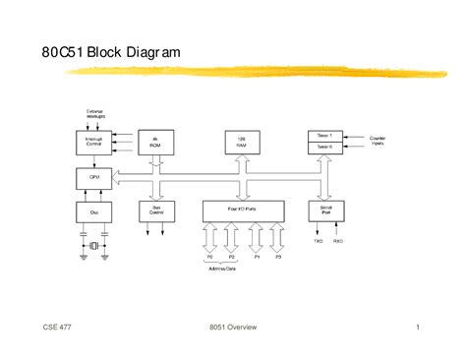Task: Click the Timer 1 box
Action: (325, 135)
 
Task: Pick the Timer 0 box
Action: (325, 148)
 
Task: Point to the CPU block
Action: (93, 178)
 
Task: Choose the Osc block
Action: (93, 210)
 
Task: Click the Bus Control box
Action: (156, 210)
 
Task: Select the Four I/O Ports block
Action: (243, 210)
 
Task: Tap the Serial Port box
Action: (325, 210)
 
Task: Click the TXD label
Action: (318, 240)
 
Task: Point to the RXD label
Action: (337, 240)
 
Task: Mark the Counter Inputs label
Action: (378, 142)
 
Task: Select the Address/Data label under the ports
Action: (221, 267)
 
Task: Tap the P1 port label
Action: (256, 257)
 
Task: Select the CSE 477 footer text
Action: (56, 328)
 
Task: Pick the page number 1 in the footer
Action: (418, 328)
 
